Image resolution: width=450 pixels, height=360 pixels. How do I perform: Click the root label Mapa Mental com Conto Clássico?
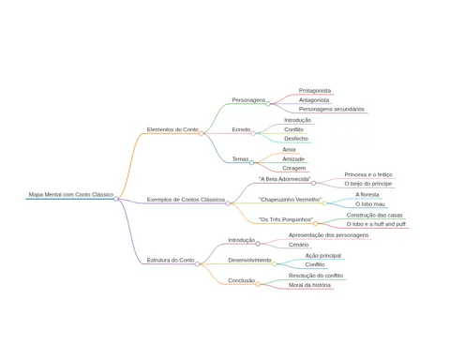pos(71,194)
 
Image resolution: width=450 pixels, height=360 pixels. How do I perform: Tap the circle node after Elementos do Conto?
pos(202,133)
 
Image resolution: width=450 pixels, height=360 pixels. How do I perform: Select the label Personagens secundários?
pos(332,109)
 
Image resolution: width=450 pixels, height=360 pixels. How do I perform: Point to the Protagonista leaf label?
pos(315,91)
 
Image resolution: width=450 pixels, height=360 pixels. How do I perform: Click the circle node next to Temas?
pos(251,162)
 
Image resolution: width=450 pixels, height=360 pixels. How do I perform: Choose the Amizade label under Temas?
pos(293,159)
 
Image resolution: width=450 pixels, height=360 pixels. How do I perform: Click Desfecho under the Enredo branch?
pos(296,139)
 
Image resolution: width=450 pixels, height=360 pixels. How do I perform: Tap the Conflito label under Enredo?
pos(293,129)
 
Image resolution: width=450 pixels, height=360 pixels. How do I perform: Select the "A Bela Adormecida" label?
pos(285,179)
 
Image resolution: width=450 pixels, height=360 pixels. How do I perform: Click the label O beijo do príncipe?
pos(368,184)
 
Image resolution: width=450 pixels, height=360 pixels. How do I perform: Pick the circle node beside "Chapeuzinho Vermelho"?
pos(324,203)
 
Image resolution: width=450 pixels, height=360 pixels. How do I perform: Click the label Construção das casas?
pos(374,215)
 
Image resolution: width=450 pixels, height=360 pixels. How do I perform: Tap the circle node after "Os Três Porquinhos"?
pos(316,223)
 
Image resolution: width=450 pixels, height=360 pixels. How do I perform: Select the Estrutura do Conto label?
pos(171,260)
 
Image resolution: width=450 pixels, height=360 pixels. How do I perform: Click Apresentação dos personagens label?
pos(328,235)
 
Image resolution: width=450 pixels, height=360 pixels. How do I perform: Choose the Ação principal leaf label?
pos(323,256)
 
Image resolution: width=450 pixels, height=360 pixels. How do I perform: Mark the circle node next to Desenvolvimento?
pos(275,264)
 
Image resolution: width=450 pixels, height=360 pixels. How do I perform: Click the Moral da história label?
pos(309,285)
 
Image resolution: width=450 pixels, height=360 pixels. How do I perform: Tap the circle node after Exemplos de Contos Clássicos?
pos(228,203)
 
